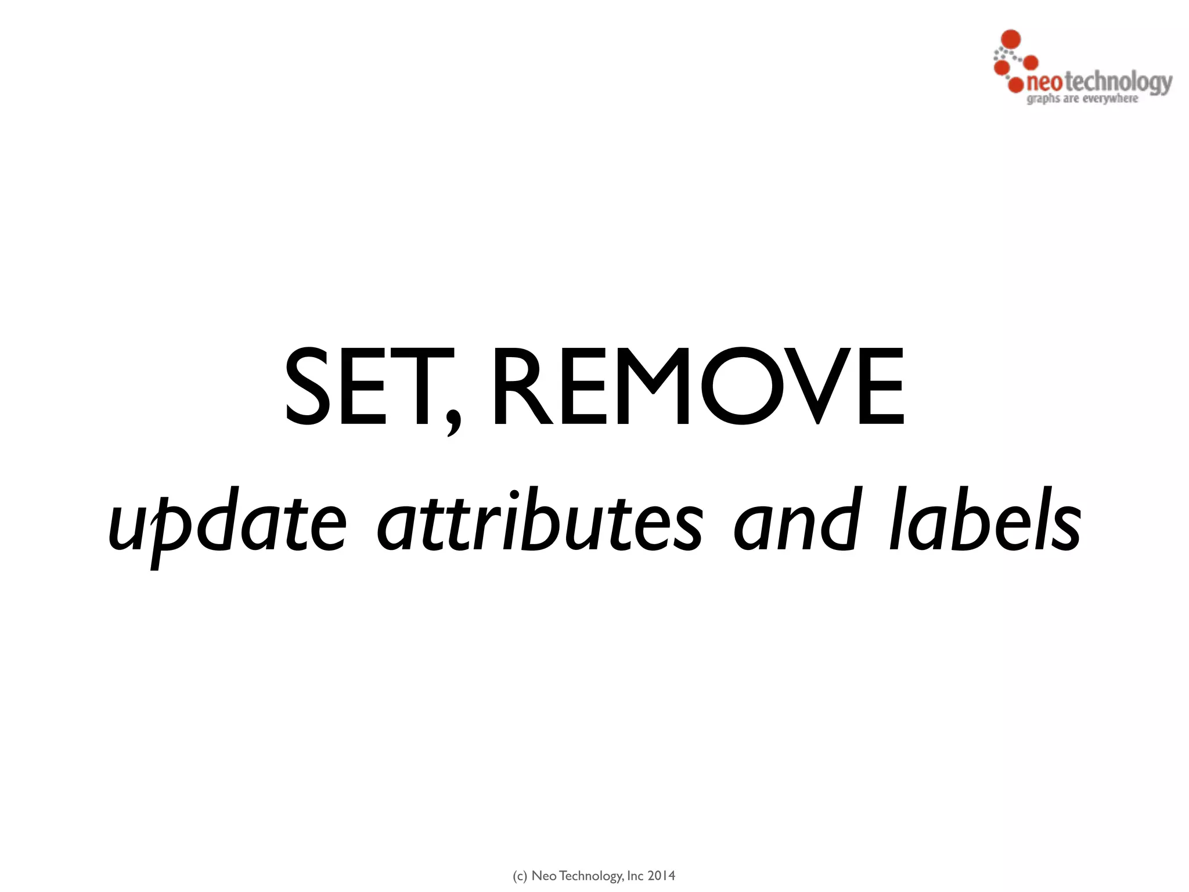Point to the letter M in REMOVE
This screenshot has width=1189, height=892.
coord(653,386)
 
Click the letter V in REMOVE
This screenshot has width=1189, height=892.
coord(818,386)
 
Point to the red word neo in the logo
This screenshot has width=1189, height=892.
coord(1043,82)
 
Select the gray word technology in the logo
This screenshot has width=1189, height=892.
coord(1118,82)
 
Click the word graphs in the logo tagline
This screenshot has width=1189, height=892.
coord(1043,99)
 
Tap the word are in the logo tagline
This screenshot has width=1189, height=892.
coord(1071,99)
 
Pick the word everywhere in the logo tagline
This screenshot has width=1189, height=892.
coord(1110,99)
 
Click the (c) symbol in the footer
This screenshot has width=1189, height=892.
coord(520,876)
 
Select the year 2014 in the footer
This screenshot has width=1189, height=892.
coord(661,876)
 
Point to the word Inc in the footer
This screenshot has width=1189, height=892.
coord(635,876)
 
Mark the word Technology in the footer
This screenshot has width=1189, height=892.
coord(590,876)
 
